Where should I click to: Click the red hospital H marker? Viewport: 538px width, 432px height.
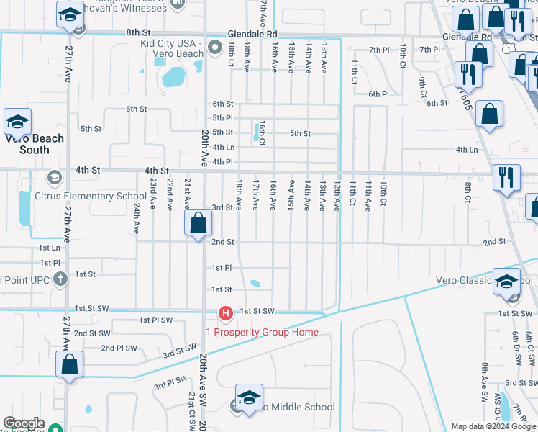[x=225, y=312]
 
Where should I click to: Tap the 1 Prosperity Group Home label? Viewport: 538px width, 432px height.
[x=262, y=332]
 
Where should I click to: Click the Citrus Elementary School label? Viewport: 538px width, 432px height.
[x=91, y=196]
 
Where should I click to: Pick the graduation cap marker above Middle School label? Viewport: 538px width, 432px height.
[x=249, y=397]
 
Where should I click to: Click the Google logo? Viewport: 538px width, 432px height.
[x=24, y=424]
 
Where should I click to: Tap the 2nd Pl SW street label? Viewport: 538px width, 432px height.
[x=119, y=348]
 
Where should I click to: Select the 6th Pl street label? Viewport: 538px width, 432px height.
[x=378, y=94]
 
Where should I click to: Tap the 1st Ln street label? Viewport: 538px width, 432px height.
[x=49, y=248]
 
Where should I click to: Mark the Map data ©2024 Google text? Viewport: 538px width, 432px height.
[x=493, y=426]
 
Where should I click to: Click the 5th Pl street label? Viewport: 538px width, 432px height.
[x=222, y=118]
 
